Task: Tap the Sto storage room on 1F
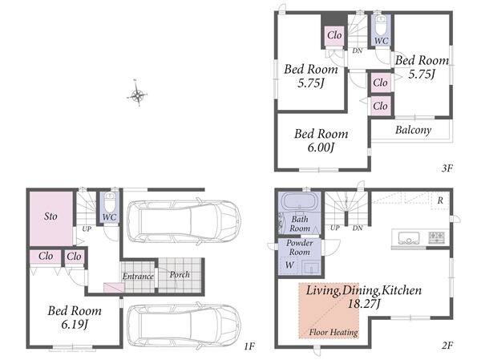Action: click(x=51, y=219)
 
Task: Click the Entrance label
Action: click(x=138, y=277)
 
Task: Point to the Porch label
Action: click(x=180, y=274)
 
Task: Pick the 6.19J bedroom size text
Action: click(x=75, y=325)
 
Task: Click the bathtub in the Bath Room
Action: click(x=299, y=201)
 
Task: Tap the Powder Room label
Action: click(x=300, y=248)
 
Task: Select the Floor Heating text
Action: click(x=333, y=332)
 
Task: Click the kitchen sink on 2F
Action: click(x=409, y=237)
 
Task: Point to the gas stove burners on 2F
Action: click(x=437, y=237)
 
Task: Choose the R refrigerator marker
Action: click(x=440, y=200)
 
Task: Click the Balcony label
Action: click(x=413, y=130)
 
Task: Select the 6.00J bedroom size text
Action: click(x=321, y=148)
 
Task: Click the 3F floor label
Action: click(x=447, y=168)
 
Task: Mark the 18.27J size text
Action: click(x=364, y=304)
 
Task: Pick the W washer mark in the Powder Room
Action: click(x=289, y=265)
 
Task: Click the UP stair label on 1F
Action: click(x=87, y=229)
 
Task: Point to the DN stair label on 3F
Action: click(x=358, y=51)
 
